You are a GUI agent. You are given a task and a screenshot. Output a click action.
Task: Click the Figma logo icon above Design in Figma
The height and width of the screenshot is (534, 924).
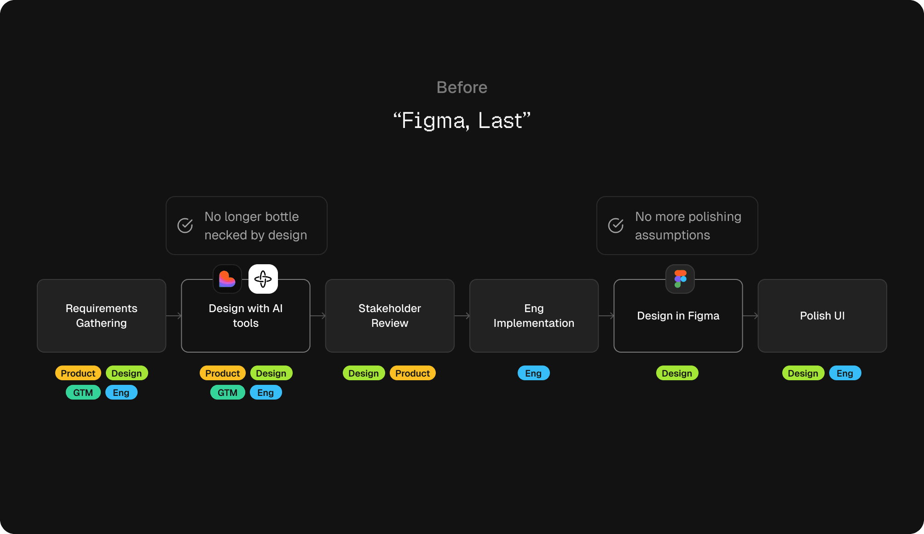point(680,279)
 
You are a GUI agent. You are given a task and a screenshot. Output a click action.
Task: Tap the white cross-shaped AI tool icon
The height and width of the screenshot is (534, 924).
point(263,279)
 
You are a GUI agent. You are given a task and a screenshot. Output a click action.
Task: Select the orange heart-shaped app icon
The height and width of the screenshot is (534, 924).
point(227,279)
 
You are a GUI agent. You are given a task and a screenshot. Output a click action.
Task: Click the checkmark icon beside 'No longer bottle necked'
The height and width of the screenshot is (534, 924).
point(185,226)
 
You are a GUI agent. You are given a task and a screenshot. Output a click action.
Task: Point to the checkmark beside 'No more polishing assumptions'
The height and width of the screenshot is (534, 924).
point(616,226)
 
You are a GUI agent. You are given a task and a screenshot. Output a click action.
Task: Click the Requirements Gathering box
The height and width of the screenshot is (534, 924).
point(101,316)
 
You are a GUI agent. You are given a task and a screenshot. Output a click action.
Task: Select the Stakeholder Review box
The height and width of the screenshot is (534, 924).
point(390,316)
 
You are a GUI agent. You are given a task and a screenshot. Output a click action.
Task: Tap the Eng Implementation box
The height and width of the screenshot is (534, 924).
point(534,316)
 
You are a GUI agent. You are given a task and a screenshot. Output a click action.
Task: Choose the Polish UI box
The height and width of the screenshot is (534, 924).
point(822,316)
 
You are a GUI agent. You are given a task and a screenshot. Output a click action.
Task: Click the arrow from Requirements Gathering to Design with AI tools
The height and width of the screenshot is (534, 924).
point(174,316)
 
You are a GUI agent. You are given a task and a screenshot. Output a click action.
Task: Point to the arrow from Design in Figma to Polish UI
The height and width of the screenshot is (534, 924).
point(751,316)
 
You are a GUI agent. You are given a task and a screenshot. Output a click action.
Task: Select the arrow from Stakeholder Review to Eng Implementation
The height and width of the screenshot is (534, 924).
point(462,316)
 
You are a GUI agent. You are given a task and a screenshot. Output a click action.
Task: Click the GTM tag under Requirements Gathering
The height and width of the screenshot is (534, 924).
point(83,393)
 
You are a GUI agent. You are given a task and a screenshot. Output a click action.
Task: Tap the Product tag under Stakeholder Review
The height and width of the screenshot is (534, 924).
point(412,373)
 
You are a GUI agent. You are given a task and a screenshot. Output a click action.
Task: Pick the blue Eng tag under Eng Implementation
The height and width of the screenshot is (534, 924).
point(533,373)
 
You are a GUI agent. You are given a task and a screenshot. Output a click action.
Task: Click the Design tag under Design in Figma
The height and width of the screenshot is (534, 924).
point(677,373)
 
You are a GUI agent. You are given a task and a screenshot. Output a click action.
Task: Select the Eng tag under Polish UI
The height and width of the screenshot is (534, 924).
point(845,373)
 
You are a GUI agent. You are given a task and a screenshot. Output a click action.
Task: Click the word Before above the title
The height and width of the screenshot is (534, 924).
point(462,87)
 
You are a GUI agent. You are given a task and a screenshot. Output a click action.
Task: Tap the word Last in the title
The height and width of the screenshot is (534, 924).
point(500,121)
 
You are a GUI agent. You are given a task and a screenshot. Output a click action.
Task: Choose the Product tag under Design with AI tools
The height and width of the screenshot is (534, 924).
point(223,373)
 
